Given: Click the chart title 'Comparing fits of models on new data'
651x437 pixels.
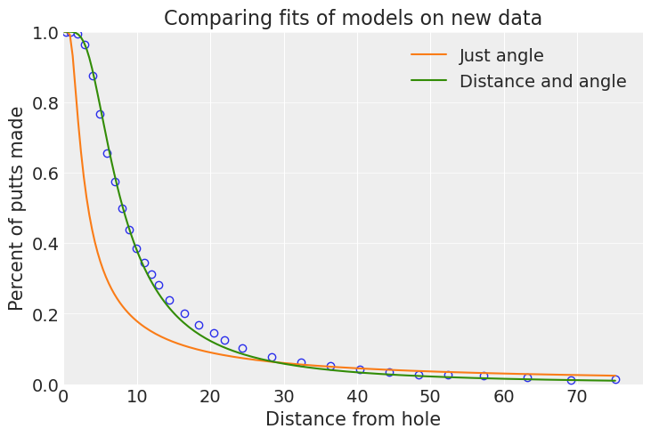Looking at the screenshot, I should click(353, 18).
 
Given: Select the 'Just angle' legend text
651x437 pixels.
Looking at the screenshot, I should click(501, 56).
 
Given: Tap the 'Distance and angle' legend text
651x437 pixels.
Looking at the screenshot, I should click(542, 82).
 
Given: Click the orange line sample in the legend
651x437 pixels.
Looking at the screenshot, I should click(428, 56).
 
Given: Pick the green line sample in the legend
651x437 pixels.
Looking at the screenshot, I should click(428, 82).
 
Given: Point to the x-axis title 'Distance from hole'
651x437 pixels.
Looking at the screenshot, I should click(353, 419).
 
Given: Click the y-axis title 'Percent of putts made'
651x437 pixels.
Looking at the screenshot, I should click(17, 208).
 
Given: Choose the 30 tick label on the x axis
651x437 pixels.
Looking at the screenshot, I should click(283, 396).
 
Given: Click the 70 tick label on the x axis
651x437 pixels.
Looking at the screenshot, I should click(577, 396).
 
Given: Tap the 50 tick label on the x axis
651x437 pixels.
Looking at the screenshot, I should click(430, 396).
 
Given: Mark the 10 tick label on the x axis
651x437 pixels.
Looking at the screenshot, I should click(136, 396).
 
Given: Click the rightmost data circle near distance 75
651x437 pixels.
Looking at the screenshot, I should click(615, 380).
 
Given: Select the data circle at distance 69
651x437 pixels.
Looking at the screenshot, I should click(571, 380).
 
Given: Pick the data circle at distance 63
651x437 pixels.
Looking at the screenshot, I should click(527, 378).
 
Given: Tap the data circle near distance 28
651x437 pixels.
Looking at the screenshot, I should click(272, 358).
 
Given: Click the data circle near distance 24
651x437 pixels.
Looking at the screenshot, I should click(242, 349).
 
